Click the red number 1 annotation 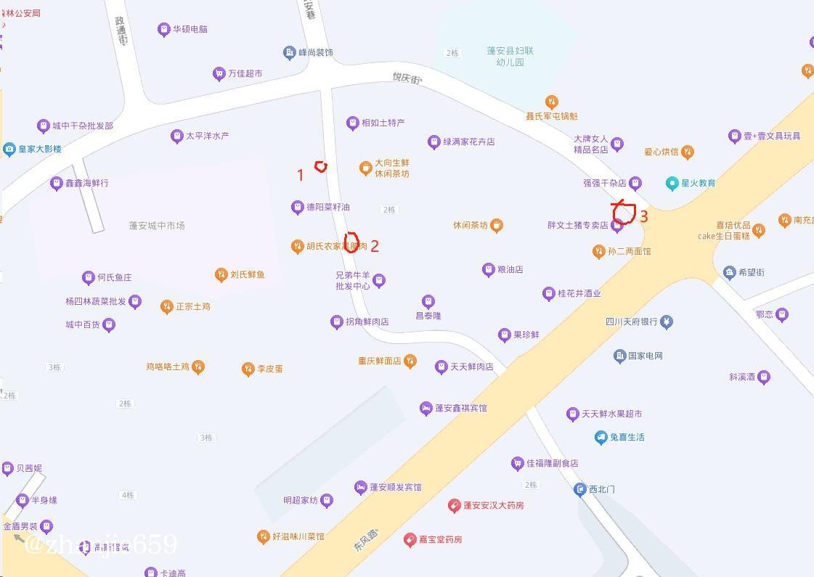click(x=301, y=175)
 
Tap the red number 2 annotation click(x=375, y=246)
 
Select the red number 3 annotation click(x=643, y=216)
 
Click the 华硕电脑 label click(x=190, y=30)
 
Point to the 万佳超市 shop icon click(x=219, y=73)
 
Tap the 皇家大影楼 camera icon click(x=9, y=150)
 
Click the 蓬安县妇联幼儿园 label click(x=510, y=57)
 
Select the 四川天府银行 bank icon click(x=667, y=322)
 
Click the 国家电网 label click(x=645, y=356)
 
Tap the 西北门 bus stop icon click(x=579, y=489)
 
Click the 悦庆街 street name click(x=407, y=77)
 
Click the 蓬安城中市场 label click(x=157, y=226)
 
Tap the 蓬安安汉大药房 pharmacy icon click(x=454, y=505)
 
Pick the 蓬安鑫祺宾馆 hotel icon click(x=426, y=409)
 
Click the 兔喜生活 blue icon click(x=601, y=437)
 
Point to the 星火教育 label click(x=698, y=183)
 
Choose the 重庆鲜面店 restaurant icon click(x=410, y=361)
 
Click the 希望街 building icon click(x=730, y=272)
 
